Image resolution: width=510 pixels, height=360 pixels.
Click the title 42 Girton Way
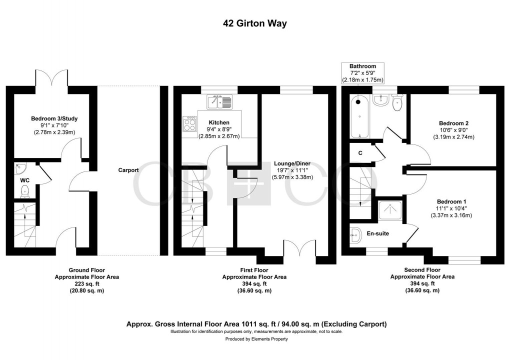(x=254, y=23)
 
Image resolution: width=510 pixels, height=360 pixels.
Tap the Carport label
(x=128, y=170)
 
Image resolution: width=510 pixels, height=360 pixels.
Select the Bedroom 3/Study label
(x=54, y=118)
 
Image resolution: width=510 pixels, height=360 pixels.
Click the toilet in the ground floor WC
(x=25, y=191)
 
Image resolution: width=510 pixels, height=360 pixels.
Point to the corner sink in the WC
(x=20, y=168)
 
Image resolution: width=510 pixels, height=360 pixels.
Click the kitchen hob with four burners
(x=190, y=124)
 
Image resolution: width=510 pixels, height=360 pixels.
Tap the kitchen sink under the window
(x=219, y=101)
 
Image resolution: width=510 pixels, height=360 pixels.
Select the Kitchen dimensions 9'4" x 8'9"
(x=219, y=129)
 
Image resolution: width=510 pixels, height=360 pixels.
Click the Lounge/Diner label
(x=292, y=163)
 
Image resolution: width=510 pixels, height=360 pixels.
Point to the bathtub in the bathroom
(x=359, y=116)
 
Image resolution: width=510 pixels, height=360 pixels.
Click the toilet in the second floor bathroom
(x=397, y=102)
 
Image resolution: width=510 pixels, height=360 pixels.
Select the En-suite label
(x=377, y=233)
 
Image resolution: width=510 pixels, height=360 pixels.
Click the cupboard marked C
(x=360, y=153)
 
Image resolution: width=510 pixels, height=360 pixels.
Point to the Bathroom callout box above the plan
(x=362, y=73)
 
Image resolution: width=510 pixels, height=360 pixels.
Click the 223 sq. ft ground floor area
(x=87, y=284)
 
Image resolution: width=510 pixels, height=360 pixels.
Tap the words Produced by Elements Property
(x=256, y=339)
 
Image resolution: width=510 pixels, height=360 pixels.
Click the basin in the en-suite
(x=356, y=234)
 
